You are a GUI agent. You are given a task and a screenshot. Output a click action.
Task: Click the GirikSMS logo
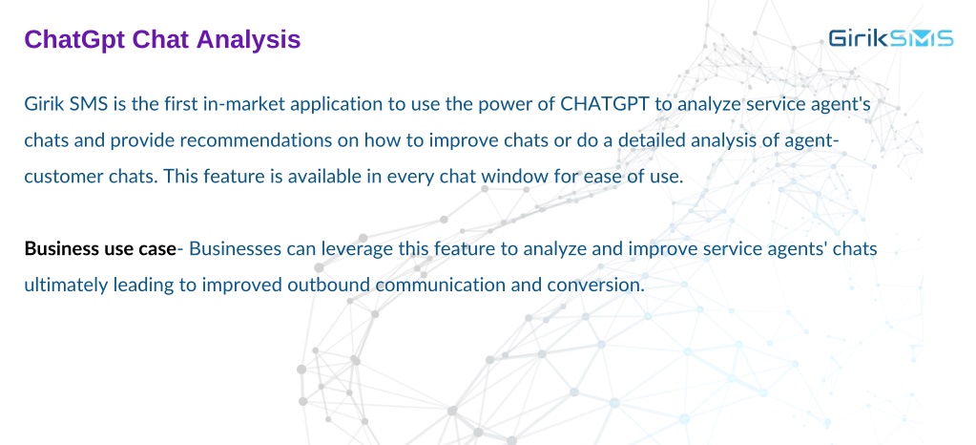click(891, 38)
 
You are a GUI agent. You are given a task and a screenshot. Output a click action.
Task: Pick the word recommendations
click(245, 140)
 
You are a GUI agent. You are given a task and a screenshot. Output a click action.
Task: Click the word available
click(339, 177)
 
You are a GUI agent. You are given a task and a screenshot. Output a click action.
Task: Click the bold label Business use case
click(100, 249)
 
